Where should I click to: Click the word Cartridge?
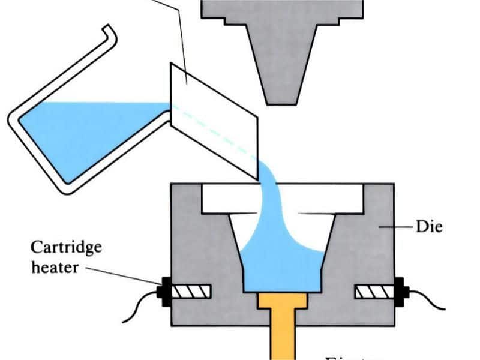[66, 247]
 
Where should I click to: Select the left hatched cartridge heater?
[191, 292]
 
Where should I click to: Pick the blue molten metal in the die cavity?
[282, 264]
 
